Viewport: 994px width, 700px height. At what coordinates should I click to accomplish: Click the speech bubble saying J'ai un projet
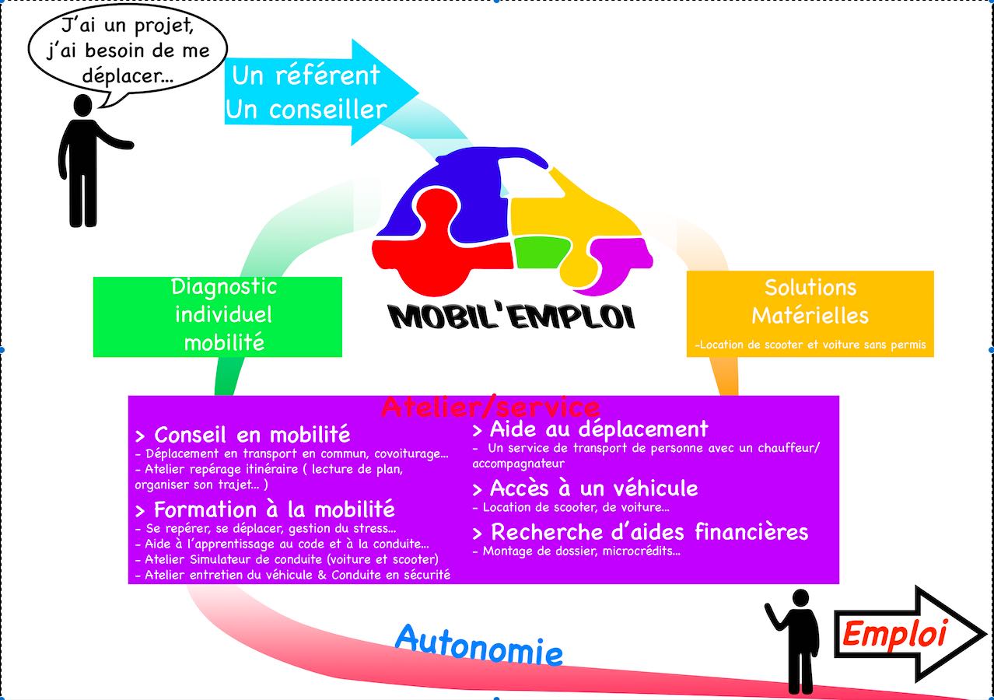(x=128, y=50)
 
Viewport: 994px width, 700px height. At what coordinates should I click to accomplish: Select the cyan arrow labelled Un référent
(x=320, y=93)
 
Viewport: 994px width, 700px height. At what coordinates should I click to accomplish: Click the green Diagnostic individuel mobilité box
(x=218, y=317)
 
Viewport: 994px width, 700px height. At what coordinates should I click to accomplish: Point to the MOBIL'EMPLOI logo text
(x=512, y=317)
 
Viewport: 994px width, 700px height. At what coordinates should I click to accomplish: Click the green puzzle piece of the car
(x=541, y=252)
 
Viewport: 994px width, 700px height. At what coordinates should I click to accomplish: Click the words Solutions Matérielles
(x=810, y=302)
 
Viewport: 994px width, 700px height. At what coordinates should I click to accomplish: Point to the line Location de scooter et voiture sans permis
(x=810, y=345)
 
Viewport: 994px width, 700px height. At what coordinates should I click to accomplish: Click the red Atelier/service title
(x=490, y=407)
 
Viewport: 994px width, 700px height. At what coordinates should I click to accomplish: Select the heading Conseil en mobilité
(x=243, y=435)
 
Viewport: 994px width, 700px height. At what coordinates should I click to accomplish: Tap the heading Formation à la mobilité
(x=265, y=509)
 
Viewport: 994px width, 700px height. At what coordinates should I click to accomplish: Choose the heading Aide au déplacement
(x=590, y=429)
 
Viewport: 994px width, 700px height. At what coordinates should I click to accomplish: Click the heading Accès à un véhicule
(x=585, y=488)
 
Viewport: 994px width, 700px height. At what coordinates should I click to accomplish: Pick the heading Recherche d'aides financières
(x=640, y=532)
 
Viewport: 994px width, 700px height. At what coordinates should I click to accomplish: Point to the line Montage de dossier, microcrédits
(x=576, y=551)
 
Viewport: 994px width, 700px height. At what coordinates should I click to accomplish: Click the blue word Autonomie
(x=479, y=646)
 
